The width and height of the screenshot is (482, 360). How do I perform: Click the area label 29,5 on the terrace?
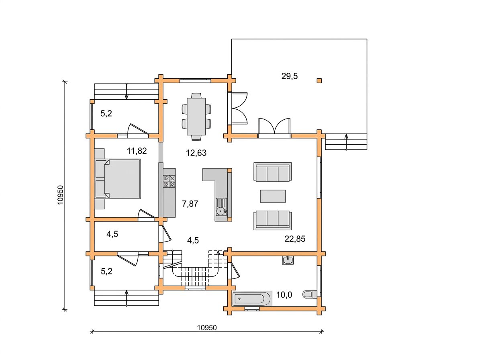point(289,76)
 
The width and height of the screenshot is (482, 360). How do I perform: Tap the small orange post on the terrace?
point(319,81)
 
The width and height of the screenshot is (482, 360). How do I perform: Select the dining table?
point(196,117)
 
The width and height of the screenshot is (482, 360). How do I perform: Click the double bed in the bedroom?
point(118,179)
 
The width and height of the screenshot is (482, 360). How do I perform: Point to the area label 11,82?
point(137,151)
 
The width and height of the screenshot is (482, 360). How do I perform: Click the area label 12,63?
point(196,153)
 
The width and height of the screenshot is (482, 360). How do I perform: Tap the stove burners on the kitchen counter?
point(170,181)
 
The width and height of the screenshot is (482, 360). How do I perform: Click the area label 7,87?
point(190,204)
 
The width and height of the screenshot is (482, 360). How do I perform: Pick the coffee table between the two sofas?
point(273,196)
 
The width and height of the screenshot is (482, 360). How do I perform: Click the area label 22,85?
point(295,239)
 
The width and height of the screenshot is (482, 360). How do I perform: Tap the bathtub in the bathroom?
point(252,299)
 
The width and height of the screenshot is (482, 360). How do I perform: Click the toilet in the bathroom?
point(310,295)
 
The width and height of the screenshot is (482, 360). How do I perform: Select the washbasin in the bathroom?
point(288,260)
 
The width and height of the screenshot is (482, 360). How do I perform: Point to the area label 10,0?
point(284,295)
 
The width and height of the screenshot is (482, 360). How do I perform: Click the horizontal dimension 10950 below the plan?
point(206,328)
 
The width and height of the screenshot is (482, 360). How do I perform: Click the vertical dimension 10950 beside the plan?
point(60,195)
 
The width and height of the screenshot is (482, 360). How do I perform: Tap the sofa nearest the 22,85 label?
point(272,221)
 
